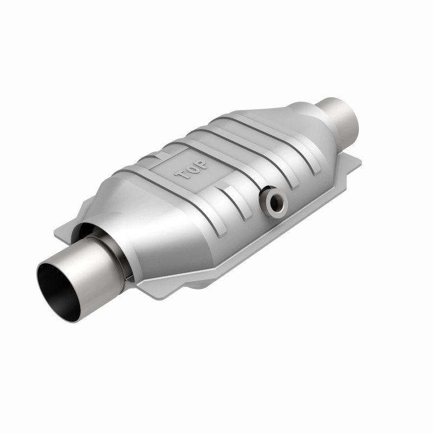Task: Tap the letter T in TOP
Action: pyautogui.click(x=179, y=176)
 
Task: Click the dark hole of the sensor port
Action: pyautogui.click(x=275, y=202)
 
